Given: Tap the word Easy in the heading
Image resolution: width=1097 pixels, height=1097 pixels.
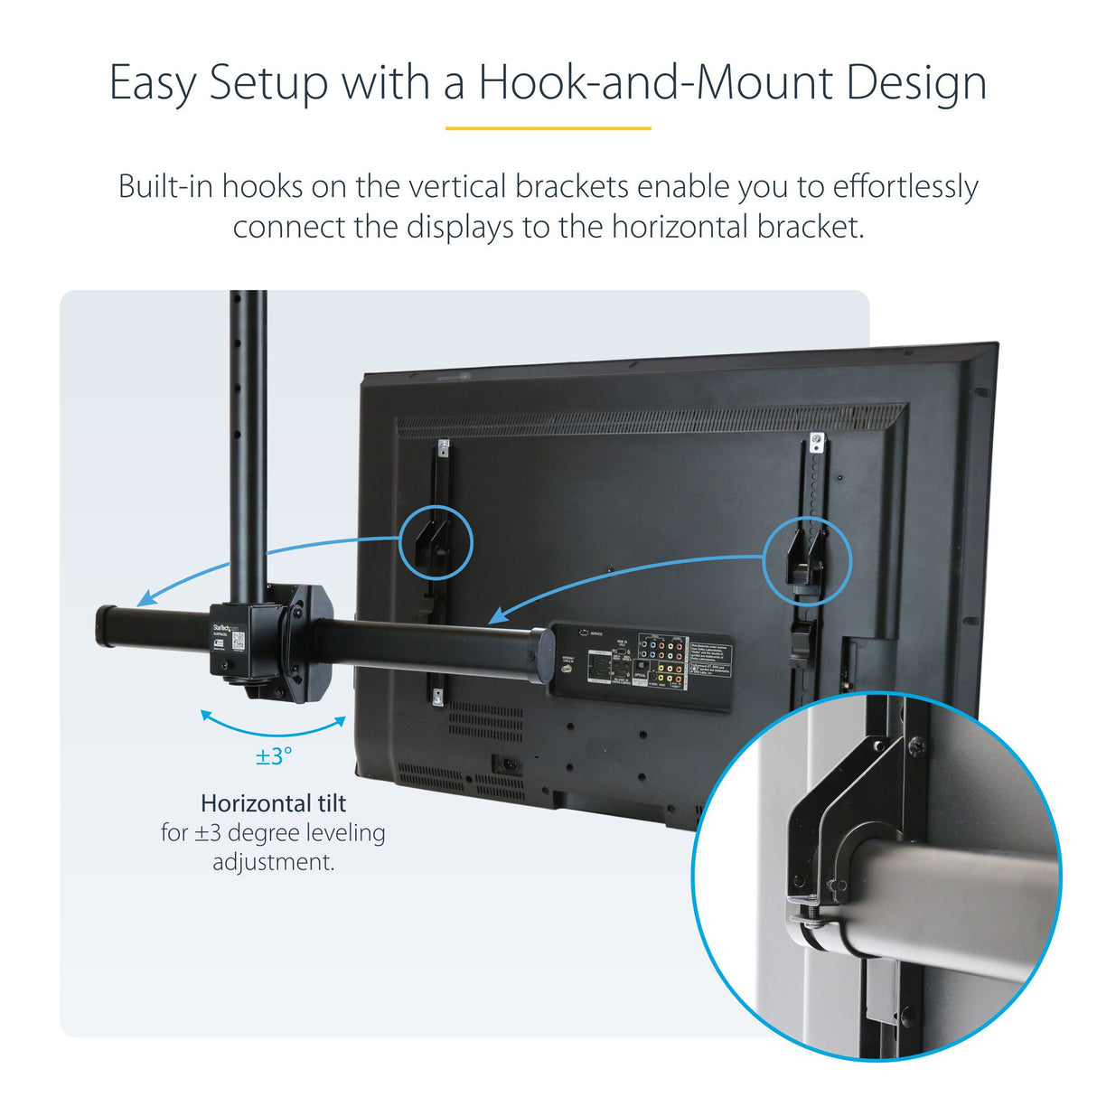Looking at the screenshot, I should [x=152, y=84].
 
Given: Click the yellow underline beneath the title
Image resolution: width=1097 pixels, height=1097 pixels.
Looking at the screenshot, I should [x=548, y=128].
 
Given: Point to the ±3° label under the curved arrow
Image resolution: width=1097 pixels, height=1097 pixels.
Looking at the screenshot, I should [x=274, y=756].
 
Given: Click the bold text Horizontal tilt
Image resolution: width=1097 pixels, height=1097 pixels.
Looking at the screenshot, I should [x=273, y=803].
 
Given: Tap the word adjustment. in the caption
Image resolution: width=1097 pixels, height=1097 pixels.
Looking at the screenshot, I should [x=273, y=862].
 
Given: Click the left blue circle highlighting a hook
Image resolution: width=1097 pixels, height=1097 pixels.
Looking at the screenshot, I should [x=436, y=542].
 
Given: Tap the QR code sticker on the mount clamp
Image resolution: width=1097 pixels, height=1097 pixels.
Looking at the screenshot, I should [x=238, y=642].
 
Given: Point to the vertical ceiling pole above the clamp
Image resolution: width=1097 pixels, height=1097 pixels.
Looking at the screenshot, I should [x=248, y=434].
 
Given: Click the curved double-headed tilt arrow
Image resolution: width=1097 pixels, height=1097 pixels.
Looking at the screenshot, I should [x=273, y=725].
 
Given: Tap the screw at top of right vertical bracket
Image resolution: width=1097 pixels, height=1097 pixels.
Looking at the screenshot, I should [x=817, y=443].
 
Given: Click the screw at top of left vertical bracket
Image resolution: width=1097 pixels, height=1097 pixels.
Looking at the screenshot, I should [x=443, y=446].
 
